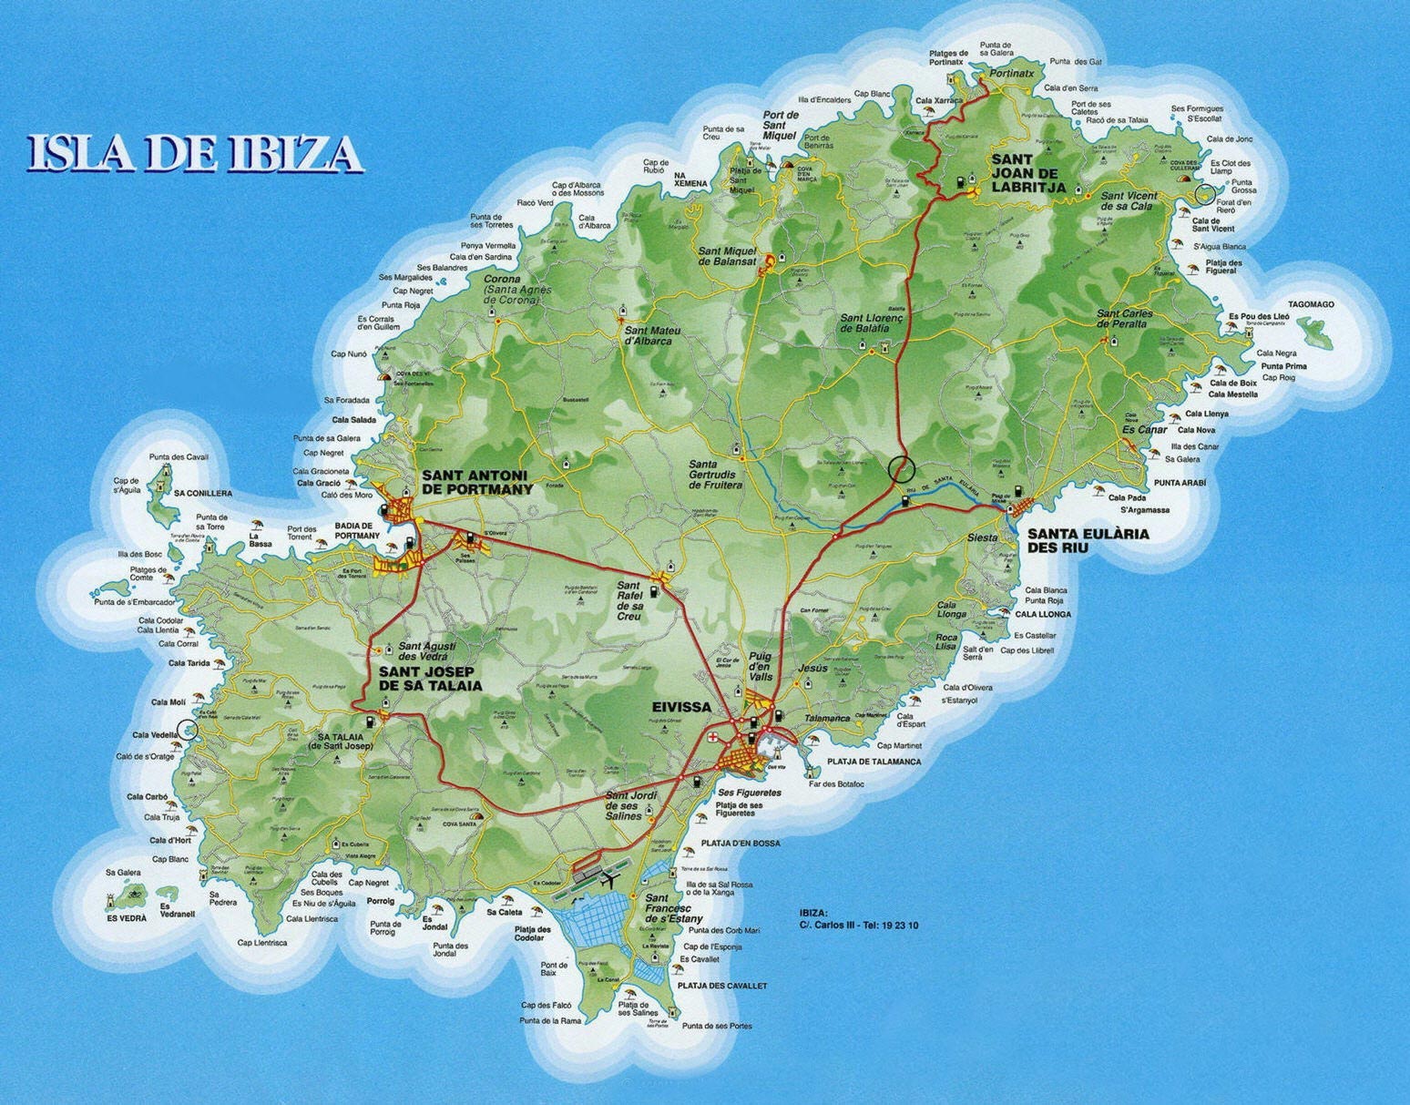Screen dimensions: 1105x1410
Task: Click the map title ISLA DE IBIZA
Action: coord(194,153)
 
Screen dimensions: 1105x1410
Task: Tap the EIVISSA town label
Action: coord(680,707)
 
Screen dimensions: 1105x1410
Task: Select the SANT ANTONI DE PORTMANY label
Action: coord(476,482)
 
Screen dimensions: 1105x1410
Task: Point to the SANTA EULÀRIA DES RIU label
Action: coord(1088,540)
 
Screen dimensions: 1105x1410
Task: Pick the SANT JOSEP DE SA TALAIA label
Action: coord(429,679)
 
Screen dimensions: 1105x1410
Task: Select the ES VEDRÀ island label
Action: coord(126,918)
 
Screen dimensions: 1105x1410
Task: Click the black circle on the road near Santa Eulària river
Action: coord(900,468)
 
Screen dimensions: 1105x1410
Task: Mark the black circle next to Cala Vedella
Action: coord(188,728)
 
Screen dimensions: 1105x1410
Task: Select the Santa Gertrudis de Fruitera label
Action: coord(716,475)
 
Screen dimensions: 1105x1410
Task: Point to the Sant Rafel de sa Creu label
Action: coord(629,601)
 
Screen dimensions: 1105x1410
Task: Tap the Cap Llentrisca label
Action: coord(261,943)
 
